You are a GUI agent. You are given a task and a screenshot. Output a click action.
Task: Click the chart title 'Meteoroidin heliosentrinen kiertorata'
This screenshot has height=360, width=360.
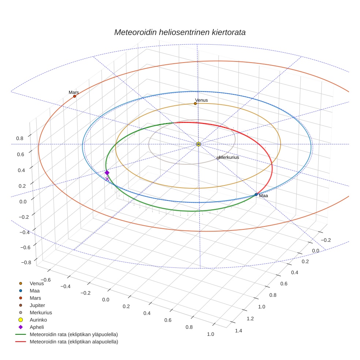click(x=180, y=32)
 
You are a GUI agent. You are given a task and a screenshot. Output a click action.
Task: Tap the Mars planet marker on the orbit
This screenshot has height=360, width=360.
click(x=75, y=96)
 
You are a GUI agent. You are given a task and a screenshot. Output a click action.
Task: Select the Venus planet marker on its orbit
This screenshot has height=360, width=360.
click(x=195, y=104)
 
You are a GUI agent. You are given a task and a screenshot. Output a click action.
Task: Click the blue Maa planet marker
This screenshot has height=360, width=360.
click(x=256, y=195)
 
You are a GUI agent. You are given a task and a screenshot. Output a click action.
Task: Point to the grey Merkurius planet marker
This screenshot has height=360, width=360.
click(x=218, y=158)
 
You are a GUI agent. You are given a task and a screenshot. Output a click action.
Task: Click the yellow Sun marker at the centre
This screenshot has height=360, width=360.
click(x=198, y=144)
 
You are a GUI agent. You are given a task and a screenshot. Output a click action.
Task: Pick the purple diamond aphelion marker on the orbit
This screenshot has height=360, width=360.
click(x=107, y=173)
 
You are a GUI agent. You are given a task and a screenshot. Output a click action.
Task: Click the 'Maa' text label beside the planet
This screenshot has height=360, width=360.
click(x=263, y=196)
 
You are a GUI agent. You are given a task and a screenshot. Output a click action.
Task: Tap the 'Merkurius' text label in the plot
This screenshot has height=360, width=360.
click(x=229, y=157)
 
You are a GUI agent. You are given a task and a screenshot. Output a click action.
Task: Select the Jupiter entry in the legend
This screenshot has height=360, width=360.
click(x=37, y=305)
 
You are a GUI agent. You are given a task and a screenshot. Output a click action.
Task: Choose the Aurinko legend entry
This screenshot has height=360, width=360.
click(x=38, y=320)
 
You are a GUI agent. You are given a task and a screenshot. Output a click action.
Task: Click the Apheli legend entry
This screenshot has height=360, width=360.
click(x=37, y=327)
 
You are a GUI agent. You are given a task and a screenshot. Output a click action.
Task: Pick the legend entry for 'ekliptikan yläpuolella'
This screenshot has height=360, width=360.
click(x=74, y=334)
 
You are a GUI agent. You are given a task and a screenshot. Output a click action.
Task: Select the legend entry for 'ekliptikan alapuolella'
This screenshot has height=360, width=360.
click(x=74, y=342)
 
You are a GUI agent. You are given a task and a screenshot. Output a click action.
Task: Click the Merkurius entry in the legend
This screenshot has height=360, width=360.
click(x=41, y=312)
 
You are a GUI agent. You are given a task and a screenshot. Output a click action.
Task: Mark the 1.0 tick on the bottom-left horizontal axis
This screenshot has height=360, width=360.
click(x=210, y=334)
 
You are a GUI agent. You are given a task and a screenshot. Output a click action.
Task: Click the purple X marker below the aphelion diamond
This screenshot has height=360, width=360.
click(x=107, y=179)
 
